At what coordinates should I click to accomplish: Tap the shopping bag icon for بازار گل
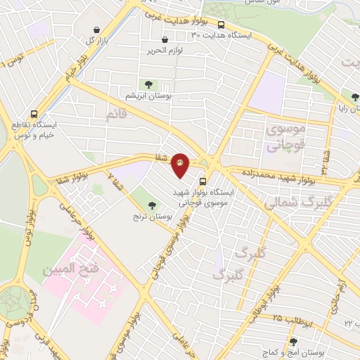(96, 30)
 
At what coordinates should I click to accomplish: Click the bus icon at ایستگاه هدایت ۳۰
(221, 25)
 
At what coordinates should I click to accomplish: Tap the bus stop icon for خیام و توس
(34, 113)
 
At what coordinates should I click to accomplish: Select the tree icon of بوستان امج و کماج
(292, 342)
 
